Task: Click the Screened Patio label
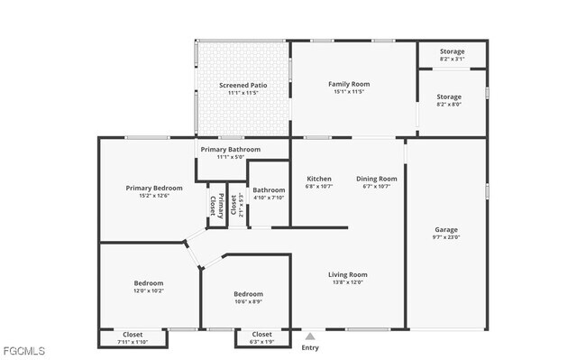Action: [x=243, y=85]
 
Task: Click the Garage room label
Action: [x=446, y=229]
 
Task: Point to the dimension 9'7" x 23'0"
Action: [x=446, y=237]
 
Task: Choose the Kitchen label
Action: [x=319, y=179]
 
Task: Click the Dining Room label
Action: [x=376, y=179]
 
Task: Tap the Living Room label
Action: [x=347, y=274]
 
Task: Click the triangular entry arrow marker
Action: [x=310, y=336]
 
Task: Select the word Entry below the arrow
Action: [x=310, y=347]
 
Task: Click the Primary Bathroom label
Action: [x=231, y=149]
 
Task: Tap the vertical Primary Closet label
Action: [x=216, y=207]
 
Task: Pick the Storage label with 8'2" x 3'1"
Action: [x=452, y=51]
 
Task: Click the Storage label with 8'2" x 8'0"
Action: [x=449, y=97]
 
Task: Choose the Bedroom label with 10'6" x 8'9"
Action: [x=248, y=294]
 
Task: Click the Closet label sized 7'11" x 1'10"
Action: [x=132, y=335]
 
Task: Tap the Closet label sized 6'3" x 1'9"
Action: [x=261, y=335]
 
